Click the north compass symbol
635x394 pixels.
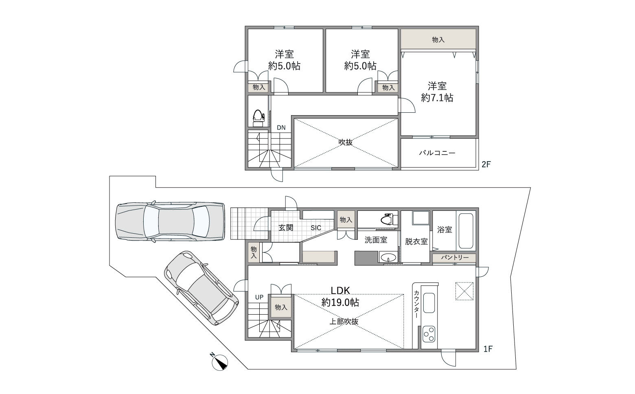click(x=219, y=362)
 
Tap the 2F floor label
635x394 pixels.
click(x=486, y=164)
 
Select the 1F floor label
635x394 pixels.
click(x=488, y=349)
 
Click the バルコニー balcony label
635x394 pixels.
click(x=437, y=153)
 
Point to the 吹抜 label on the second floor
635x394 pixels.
click(x=346, y=142)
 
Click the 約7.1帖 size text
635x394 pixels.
click(x=437, y=98)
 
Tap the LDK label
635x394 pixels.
click(x=340, y=290)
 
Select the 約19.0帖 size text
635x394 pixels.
click(x=340, y=302)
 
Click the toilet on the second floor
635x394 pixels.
click(x=258, y=118)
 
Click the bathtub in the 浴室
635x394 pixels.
click(x=466, y=231)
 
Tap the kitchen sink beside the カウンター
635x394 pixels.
click(x=429, y=303)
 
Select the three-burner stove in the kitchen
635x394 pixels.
click(x=429, y=335)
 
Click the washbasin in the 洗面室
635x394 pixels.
click(x=388, y=257)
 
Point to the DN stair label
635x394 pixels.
click(x=281, y=128)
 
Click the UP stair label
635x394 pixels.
click(x=259, y=298)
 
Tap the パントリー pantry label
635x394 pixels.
click(x=454, y=257)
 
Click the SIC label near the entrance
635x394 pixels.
click(x=316, y=228)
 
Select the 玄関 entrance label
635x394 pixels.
click(x=285, y=228)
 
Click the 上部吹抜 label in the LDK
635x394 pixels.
click(x=344, y=322)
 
